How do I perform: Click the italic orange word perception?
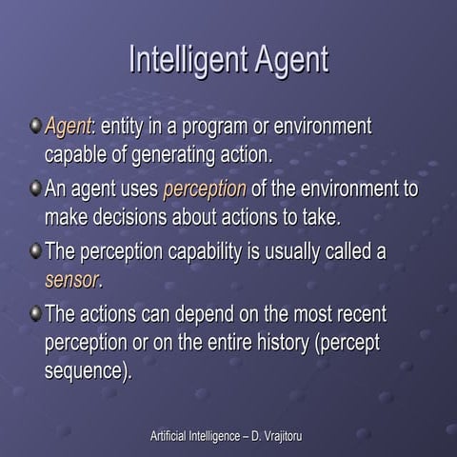[205, 189]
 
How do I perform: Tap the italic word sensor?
[71, 280]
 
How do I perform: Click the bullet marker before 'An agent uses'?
[35, 188]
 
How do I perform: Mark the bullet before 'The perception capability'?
[35, 251]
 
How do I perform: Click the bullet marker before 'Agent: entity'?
[35, 125]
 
